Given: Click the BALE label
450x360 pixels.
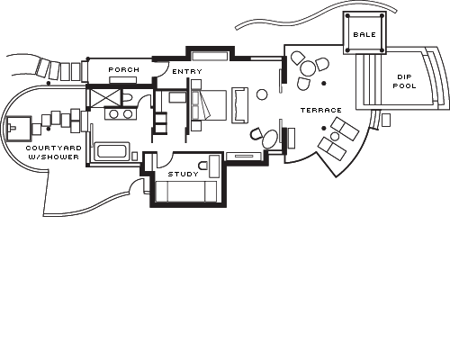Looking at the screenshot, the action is (x=364, y=35).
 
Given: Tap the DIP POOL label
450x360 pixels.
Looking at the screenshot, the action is (x=404, y=82).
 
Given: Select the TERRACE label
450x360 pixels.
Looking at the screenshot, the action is (x=321, y=111).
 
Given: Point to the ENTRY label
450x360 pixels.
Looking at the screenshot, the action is (x=187, y=72).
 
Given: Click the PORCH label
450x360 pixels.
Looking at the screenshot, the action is (x=124, y=70).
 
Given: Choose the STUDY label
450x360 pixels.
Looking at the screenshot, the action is (x=183, y=175).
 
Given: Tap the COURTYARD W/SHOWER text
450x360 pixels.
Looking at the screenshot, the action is (x=53, y=152).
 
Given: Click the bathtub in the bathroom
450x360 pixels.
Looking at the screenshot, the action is (x=112, y=151).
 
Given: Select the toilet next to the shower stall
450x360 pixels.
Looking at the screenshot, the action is (x=128, y=97).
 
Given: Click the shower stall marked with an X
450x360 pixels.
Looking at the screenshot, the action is (x=103, y=97).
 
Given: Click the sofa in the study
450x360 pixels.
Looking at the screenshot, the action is (x=186, y=192).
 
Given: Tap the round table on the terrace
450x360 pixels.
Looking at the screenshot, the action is (x=308, y=68).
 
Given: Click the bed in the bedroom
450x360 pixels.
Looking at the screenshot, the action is (x=209, y=105).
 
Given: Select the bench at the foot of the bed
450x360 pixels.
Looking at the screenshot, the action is (x=240, y=105).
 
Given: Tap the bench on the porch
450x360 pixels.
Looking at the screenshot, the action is (x=122, y=80).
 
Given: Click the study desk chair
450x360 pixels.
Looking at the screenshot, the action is (x=203, y=166).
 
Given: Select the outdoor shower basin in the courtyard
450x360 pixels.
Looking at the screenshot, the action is (x=19, y=129).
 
